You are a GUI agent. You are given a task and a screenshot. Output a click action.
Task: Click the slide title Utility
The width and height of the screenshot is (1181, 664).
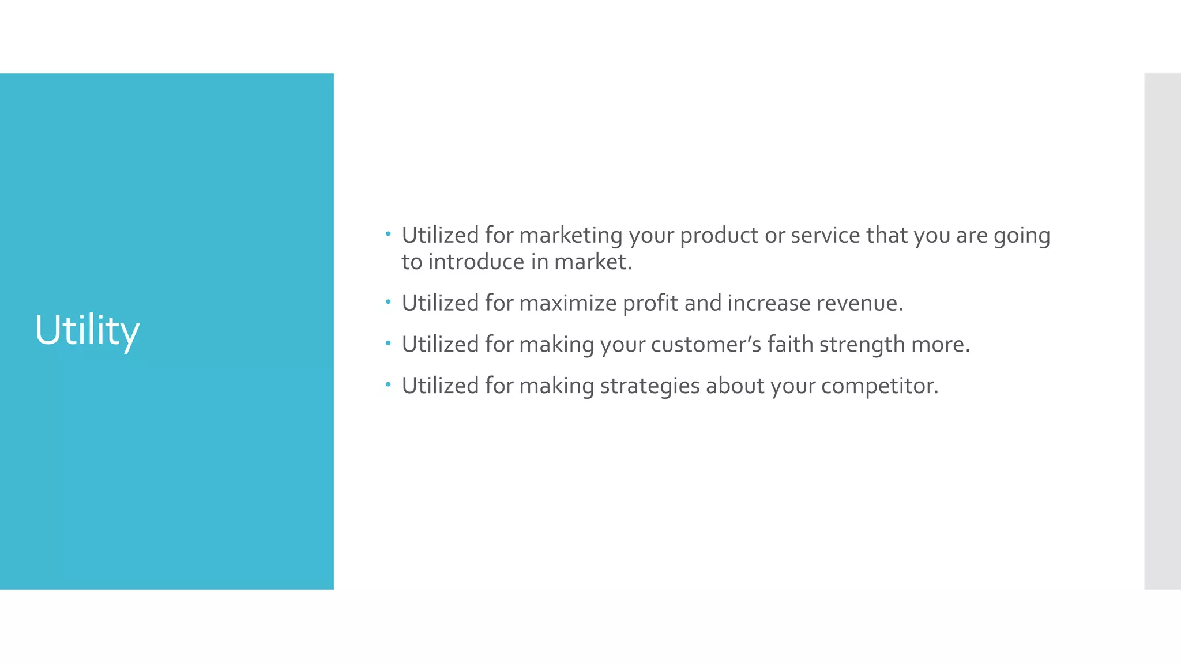click(87, 330)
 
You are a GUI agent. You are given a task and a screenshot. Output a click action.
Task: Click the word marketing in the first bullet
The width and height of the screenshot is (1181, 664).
click(570, 236)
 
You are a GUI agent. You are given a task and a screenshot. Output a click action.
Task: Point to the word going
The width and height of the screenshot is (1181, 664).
click(1021, 236)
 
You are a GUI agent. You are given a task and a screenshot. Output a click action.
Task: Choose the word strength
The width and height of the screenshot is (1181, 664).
click(862, 345)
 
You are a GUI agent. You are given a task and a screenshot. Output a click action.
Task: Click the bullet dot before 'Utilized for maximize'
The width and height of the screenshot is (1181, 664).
click(388, 301)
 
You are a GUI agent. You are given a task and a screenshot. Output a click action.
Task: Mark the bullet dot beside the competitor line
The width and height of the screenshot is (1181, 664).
click(388, 384)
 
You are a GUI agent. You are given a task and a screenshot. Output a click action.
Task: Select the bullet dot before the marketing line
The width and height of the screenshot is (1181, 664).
click(388, 233)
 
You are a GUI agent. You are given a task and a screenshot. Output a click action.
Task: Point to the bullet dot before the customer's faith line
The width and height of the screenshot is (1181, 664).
click(388, 343)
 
